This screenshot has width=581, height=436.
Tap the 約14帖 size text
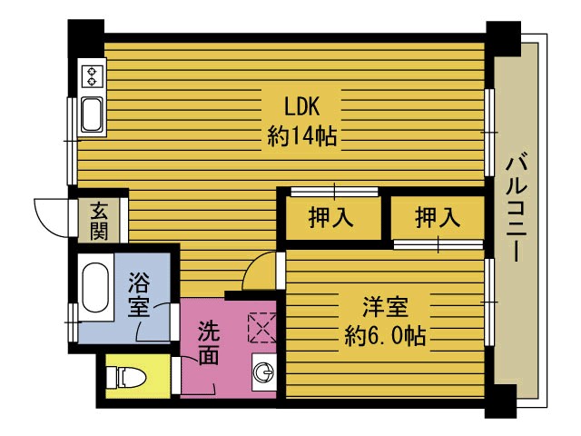tap(302, 136)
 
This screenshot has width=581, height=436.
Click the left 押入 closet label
tap(330, 218)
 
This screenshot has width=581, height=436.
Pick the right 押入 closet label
tap(437, 218)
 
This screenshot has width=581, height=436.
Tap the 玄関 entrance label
tap(99, 220)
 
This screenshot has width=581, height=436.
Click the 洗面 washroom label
tap(208, 342)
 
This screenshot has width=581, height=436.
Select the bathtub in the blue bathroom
tap(95, 289)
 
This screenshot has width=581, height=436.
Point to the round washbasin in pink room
tap(263, 372)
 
